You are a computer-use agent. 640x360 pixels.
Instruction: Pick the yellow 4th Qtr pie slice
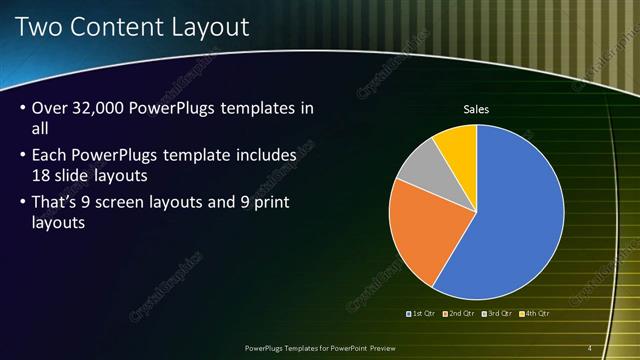(458, 143)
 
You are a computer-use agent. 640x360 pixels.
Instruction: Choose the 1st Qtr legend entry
(421, 313)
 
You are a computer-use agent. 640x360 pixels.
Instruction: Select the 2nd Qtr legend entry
(460, 313)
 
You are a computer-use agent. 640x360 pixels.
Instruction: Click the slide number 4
(590, 348)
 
